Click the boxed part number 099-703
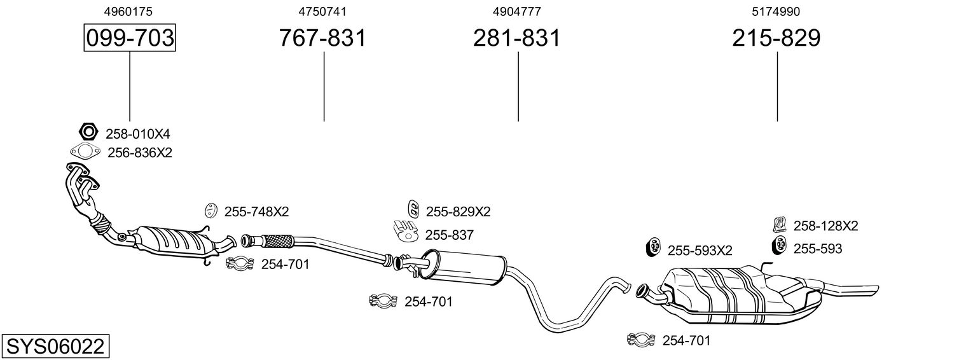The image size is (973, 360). (x=130, y=38)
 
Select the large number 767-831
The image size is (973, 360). (x=322, y=38)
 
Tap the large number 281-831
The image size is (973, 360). (x=517, y=38)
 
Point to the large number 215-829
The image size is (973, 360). (x=776, y=38)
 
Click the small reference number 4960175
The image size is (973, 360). (x=128, y=11)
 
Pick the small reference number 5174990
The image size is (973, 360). (x=776, y=11)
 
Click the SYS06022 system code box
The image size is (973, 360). (x=55, y=346)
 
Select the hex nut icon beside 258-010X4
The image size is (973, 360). (x=88, y=131)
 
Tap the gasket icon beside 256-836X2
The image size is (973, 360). (x=85, y=151)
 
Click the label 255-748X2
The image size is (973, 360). (x=256, y=211)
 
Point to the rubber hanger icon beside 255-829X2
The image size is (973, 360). (x=413, y=209)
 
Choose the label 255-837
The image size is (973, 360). (x=449, y=235)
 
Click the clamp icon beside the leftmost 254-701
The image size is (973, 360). (x=239, y=263)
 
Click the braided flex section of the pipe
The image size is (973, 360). (x=278, y=241)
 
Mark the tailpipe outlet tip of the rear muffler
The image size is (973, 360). (x=877, y=290)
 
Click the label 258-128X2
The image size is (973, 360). (x=825, y=226)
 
